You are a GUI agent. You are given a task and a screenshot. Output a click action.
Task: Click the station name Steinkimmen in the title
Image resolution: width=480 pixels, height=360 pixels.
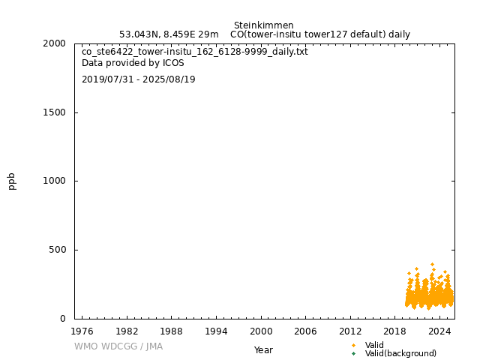click(263, 25)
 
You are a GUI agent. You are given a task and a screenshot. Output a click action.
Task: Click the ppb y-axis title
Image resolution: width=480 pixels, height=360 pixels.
click(12, 181)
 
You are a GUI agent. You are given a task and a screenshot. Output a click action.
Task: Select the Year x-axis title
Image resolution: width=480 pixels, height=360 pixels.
click(263, 350)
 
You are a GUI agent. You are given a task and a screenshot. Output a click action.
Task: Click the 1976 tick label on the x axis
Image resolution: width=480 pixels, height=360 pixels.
click(82, 331)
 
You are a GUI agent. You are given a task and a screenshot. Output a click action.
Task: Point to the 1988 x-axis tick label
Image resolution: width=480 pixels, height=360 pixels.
click(171, 331)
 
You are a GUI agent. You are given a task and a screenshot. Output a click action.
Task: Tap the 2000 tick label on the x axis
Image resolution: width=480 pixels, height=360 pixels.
click(261, 331)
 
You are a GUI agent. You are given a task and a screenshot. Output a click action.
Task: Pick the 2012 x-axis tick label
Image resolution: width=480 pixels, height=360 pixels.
click(350, 331)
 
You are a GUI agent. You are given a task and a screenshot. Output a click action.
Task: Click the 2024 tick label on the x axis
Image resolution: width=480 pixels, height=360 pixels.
click(439, 331)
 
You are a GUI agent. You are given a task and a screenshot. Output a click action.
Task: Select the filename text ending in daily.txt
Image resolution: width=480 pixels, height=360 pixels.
click(194, 52)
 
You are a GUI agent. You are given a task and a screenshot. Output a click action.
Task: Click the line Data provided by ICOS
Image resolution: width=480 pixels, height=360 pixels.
click(133, 63)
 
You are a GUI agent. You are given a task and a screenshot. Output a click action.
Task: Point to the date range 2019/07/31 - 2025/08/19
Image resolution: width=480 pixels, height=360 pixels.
click(138, 79)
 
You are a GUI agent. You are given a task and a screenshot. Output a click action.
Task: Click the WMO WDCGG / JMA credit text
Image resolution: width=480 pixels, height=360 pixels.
click(118, 346)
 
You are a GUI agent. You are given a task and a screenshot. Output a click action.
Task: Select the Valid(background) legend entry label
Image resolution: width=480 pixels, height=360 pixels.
click(400, 354)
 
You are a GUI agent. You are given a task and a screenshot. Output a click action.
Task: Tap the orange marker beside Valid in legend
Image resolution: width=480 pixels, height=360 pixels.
click(353, 345)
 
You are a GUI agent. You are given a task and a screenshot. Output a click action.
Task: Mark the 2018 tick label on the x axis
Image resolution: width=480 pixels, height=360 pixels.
click(395, 331)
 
